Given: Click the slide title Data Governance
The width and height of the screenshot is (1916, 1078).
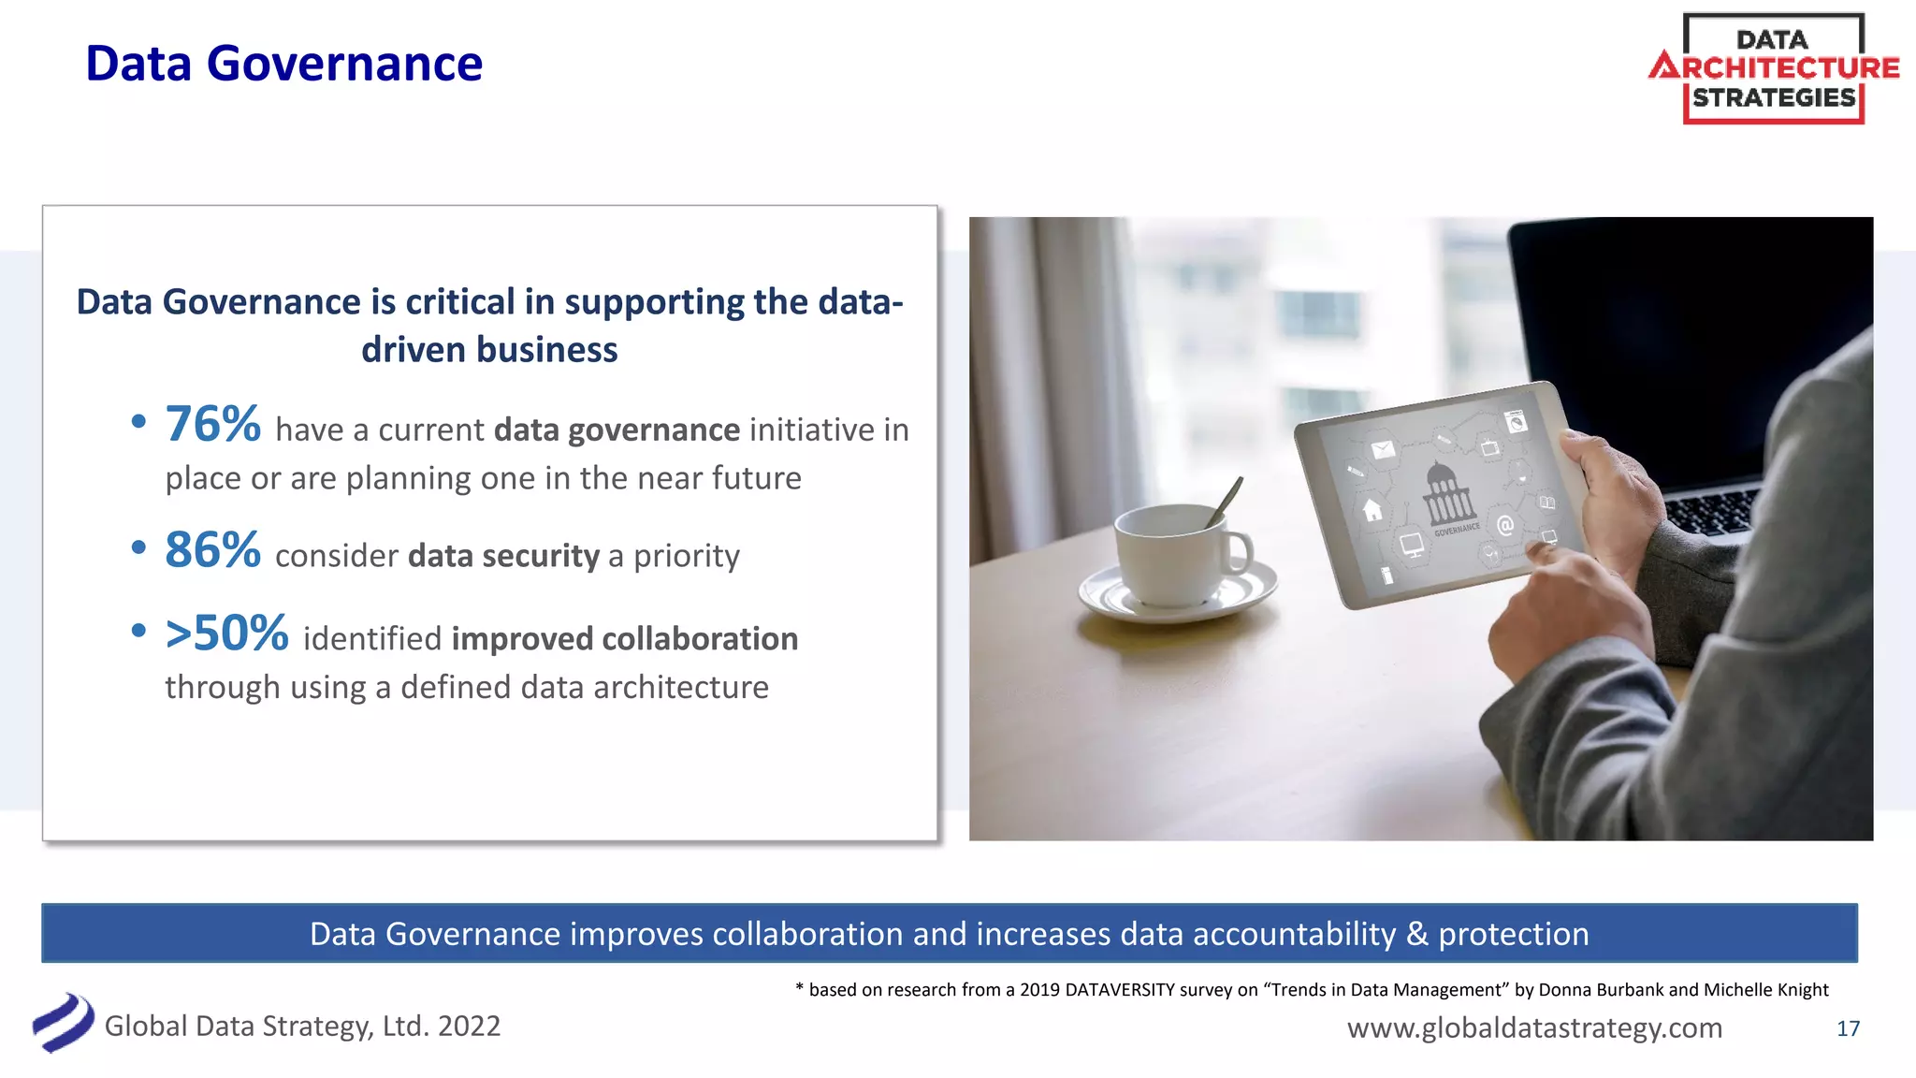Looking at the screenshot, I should coord(283,64).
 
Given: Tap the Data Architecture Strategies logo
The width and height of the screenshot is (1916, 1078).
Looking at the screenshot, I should coord(1773,68).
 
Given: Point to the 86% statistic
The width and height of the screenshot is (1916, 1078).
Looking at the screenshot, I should coord(213,550).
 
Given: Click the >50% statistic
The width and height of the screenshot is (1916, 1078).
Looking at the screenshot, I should coord(227,634).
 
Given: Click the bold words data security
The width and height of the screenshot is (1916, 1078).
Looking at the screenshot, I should coord(503,556).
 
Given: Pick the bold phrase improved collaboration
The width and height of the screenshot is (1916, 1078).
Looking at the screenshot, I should coord(625,639).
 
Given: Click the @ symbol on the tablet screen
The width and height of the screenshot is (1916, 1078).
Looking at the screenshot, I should coord(1505,525).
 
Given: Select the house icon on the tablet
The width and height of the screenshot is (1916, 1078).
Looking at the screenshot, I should coord(1372,510).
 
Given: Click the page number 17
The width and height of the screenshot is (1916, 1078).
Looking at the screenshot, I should coord(1848,1028).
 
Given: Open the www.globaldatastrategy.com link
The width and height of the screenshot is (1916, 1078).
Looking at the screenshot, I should coord(1534,1027).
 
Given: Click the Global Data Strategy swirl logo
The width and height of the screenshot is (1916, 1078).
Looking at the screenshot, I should coord(64,1022).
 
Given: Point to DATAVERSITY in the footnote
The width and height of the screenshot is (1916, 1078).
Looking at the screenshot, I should coord(1119,990).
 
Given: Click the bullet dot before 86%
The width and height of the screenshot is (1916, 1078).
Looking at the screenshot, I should coord(139,547).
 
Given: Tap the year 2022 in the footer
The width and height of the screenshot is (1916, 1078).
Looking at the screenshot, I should coord(469,1027).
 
